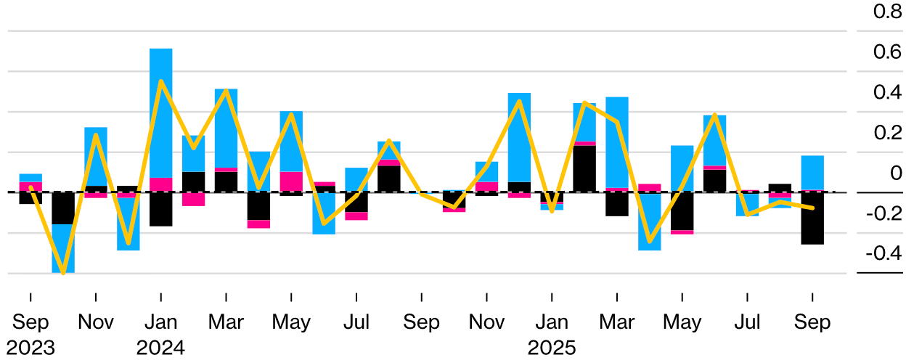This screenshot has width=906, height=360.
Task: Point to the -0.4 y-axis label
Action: (881, 254)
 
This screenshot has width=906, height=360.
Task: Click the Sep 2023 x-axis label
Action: (30, 335)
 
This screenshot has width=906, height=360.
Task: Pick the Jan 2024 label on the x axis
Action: (160, 335)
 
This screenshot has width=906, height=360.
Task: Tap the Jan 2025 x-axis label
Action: (552, 335)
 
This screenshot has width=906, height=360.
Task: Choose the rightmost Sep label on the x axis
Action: (812, 322)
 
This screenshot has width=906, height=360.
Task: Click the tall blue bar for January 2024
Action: (160, 112)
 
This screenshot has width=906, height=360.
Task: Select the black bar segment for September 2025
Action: (812, 218)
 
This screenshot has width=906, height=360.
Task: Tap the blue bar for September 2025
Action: (812, 173)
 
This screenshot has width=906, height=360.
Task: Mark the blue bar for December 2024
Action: (519, 137)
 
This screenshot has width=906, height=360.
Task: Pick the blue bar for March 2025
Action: (617, 142)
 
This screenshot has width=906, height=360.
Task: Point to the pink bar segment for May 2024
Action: (291, 181)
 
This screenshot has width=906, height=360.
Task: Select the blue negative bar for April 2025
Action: (649, 221)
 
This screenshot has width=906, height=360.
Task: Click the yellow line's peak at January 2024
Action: (160, 81)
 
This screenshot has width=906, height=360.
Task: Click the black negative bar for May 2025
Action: (682, 211)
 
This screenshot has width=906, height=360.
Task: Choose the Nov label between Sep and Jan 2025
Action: (486, 322)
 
